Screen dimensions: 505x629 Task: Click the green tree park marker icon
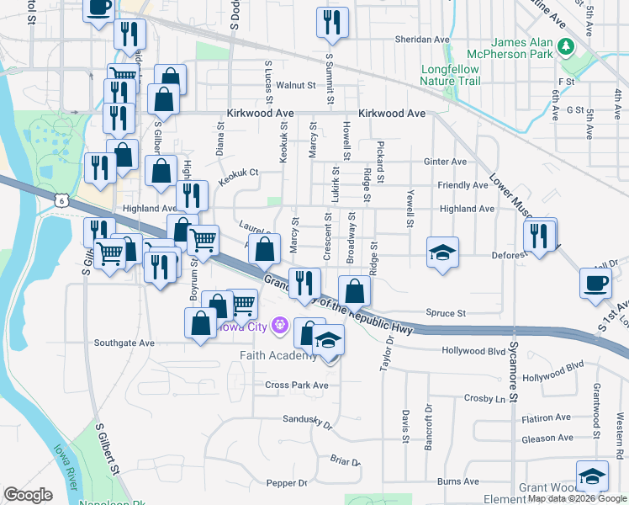pos(568,45)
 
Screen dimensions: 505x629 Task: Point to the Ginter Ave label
pos(446,162)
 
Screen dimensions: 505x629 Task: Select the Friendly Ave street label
pos(462,185)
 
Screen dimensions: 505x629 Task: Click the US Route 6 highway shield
pos(59,200)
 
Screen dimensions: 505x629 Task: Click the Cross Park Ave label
pos(296,385)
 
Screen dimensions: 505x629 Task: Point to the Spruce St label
pos(446,313)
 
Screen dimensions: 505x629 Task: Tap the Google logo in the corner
pos(29,494)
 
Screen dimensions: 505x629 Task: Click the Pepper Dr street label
pos(286,483)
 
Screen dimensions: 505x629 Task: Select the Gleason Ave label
pos(547,438)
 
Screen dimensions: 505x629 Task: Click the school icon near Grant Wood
pos(592,477)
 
